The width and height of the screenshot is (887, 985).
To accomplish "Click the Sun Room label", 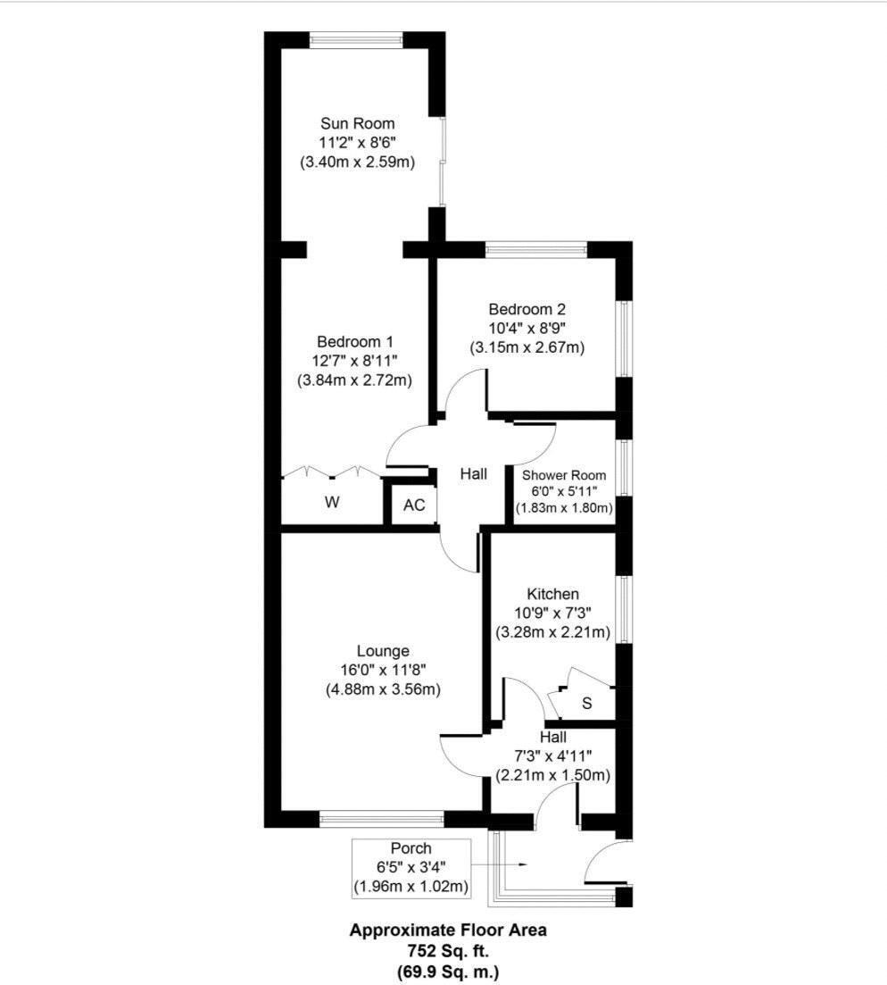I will [x=358, y=123].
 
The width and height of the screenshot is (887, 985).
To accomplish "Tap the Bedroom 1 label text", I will [x=355, y=341].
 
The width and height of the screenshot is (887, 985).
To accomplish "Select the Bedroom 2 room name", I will [x=526, y=309].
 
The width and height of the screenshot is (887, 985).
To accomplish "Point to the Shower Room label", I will [x=564, y=475].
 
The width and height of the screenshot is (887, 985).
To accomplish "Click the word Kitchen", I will [x=552, y=594].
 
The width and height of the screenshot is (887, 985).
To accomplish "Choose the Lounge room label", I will [x=383, y=651].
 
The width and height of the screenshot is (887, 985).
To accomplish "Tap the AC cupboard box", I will [x=414, y=505].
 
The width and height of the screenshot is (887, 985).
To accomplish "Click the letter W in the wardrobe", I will [x=332, y=503].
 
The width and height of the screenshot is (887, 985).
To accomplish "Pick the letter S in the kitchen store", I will [x=586, y=703].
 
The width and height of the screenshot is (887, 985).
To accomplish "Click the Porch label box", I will [x=411, y=867].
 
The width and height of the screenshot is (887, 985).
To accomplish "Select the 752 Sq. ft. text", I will [x=448, y=950].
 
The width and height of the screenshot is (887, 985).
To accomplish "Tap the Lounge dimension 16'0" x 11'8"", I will [x=383, y=670].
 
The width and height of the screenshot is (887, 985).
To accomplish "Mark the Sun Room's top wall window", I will [x=356, y=40].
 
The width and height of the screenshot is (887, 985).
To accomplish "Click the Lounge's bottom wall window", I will [x=381, y=817].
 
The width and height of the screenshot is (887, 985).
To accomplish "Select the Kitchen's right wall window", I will [x=625, y=609].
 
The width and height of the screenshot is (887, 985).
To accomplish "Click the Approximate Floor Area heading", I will [x=448, y=930].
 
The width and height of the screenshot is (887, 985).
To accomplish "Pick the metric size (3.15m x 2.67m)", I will [x=526, y=347].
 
